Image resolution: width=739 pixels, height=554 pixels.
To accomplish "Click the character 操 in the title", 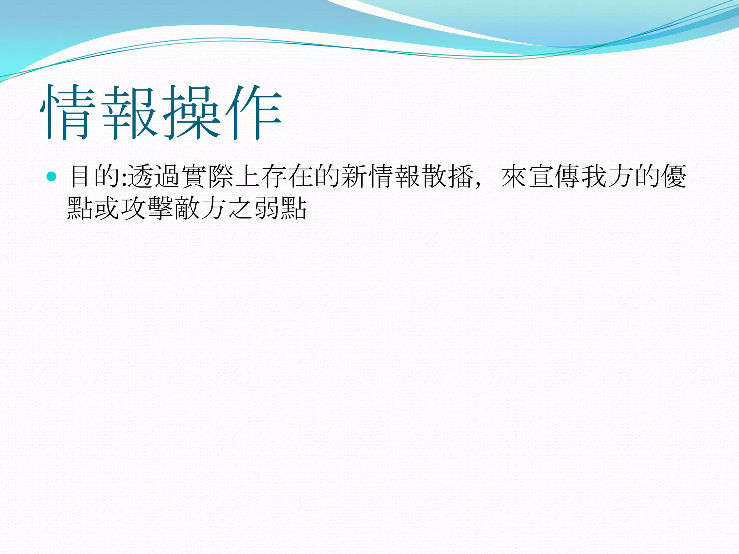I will coord(192,113).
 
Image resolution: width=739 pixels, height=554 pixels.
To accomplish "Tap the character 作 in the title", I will coord(253,113).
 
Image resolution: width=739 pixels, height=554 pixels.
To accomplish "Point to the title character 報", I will coord(130,113).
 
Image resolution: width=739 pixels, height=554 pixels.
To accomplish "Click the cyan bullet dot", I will coord(52,176).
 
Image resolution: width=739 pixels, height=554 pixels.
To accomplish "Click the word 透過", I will coord(154,176).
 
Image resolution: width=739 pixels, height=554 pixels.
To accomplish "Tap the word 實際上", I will coord(221,176).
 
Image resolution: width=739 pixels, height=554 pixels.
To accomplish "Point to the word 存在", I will coord(287,176).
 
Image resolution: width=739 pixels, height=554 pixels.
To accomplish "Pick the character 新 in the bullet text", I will coord(354,176).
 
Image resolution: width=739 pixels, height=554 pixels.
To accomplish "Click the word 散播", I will coord(447,176).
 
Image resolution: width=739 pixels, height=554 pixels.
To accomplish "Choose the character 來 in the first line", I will coord(514,176).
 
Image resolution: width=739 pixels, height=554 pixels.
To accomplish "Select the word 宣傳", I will coord(554,176).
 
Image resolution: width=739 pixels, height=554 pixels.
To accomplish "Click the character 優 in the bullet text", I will coord(673,176).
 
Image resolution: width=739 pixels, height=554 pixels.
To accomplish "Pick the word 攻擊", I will coord(147,208).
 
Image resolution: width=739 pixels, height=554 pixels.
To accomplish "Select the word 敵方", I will coord(200,208).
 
